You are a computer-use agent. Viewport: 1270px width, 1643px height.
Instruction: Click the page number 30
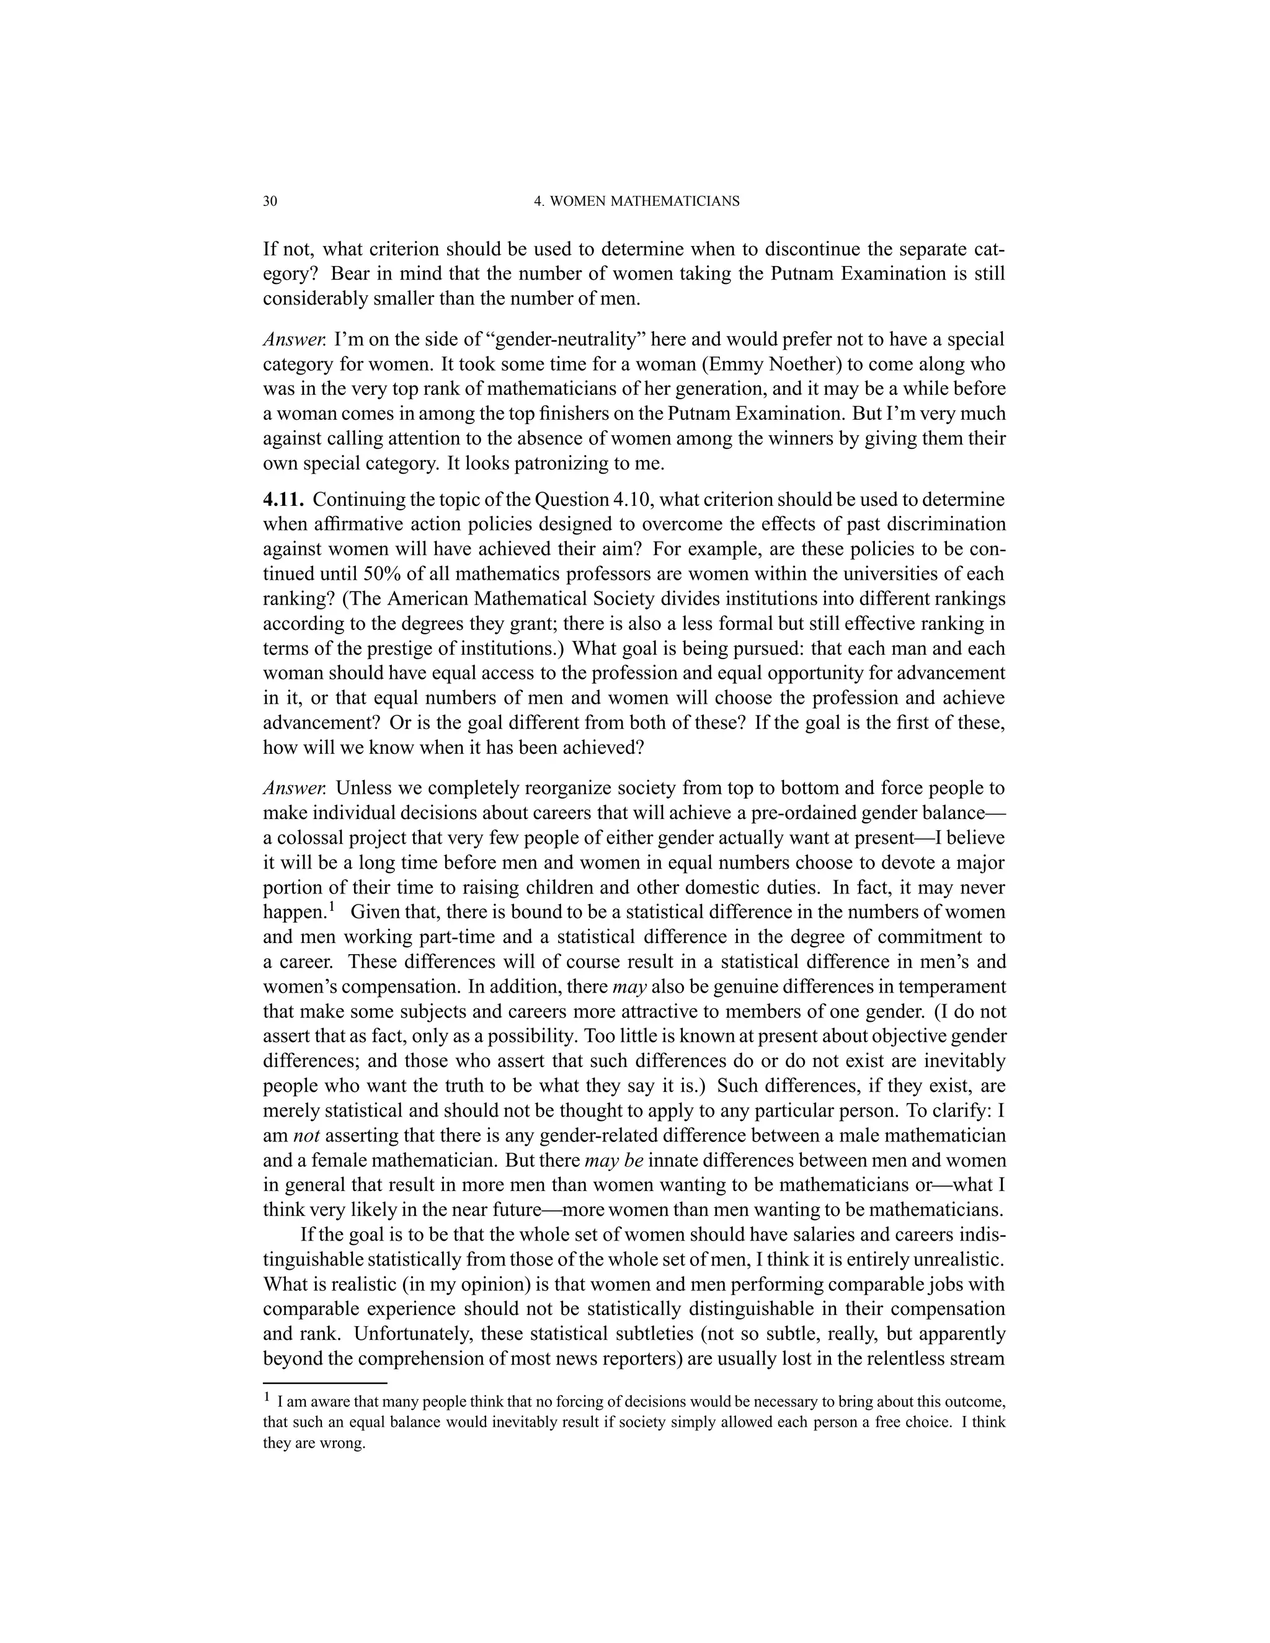point(270,201)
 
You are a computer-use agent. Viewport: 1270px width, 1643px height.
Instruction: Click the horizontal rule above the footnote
point(324,1383)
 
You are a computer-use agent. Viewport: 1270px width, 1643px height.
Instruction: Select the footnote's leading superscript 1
point(266,1397)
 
